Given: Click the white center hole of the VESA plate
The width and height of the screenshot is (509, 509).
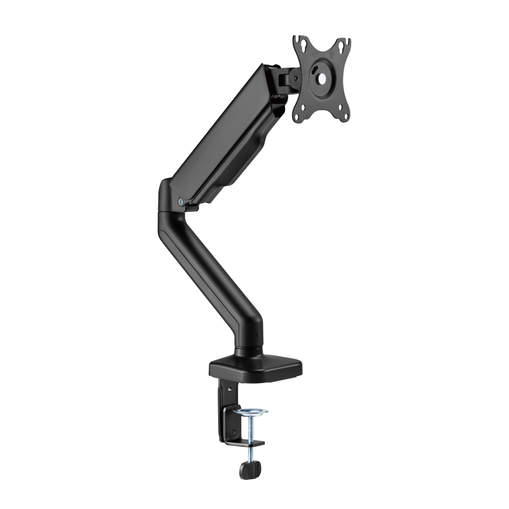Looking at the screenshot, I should click(322, 79).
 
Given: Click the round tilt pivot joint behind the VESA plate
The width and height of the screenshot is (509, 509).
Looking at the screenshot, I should click(295, 78).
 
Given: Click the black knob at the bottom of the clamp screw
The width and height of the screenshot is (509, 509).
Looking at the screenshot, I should click(250, 470).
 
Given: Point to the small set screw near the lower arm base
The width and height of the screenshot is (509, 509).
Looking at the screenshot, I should click(258, 335).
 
